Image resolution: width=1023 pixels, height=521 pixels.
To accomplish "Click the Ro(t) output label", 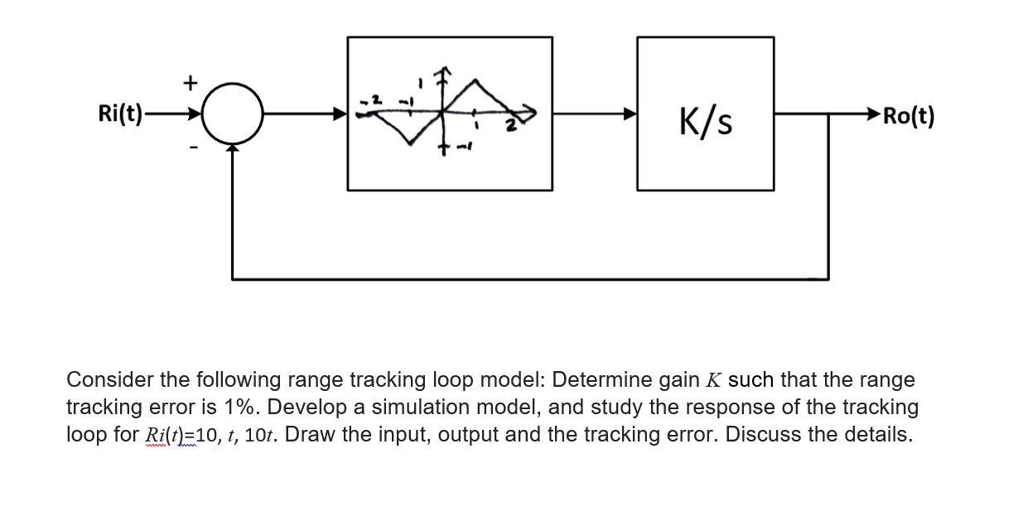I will point(908,116).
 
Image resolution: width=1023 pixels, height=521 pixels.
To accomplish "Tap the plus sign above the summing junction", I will point(190,82).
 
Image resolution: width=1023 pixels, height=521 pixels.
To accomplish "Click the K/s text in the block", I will point(705,122).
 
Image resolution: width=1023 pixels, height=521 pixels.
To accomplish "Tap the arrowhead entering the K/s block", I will point(630,114).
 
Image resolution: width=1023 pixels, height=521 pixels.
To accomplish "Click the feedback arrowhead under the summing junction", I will point(233,147).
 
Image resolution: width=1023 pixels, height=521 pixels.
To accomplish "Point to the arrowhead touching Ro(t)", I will point(871,115).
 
